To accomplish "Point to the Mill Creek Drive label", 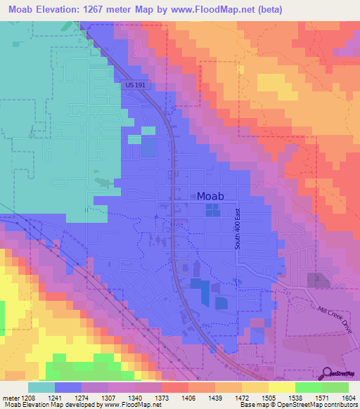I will point(333,309).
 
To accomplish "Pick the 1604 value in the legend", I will point(349,398).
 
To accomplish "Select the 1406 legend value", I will point(188,398).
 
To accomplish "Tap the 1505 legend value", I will point(268,398).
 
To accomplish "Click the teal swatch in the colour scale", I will point(41,387).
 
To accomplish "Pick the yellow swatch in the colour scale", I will point(281,387).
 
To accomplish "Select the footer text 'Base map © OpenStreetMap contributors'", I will point(297,405).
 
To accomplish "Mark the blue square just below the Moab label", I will point(212,209).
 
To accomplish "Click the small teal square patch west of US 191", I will point(148,130).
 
